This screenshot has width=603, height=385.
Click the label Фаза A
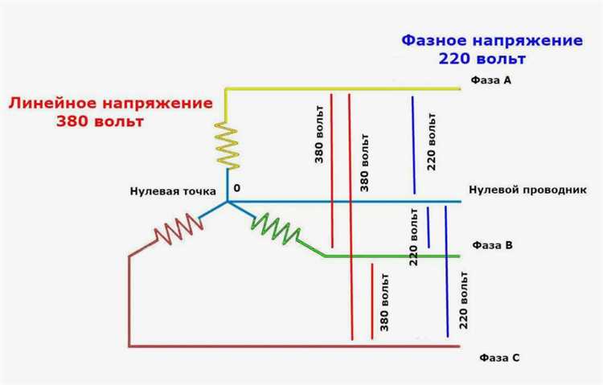[490, 81]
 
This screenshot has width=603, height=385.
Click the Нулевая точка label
[174, 190]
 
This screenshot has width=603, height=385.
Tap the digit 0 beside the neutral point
[237, 188]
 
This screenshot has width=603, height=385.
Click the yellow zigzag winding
[227, 146]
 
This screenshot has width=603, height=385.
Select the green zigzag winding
[277, 229]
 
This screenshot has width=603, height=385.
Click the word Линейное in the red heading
[52, 104]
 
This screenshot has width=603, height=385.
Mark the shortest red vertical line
[371, 299]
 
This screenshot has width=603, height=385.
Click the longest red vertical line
[351, 217]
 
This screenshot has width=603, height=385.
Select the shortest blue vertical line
[429, 227]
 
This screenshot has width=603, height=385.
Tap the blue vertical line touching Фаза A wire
[413, 145]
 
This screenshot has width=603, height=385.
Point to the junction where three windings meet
[227, 201]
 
